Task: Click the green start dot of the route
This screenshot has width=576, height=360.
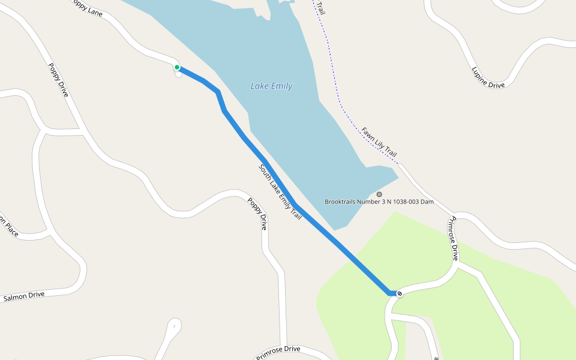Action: click(x=177, y=67)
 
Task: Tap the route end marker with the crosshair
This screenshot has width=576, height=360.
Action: click(x=399, y=293)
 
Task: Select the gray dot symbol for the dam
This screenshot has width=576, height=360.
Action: click(x=379, y=194)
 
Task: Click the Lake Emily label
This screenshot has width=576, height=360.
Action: click(x=271, y=86)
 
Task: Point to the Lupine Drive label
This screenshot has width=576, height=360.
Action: click(x=488, y=77)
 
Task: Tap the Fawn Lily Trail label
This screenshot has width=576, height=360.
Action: click(x=379, y=142)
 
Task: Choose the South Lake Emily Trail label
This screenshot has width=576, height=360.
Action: click(x=280, y=191)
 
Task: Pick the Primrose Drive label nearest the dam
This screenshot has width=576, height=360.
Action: click(x=454, y=239)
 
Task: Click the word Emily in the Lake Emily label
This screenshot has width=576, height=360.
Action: click(x=281, y=86)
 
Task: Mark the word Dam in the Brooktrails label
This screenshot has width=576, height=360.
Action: click(x=427, y=202)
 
